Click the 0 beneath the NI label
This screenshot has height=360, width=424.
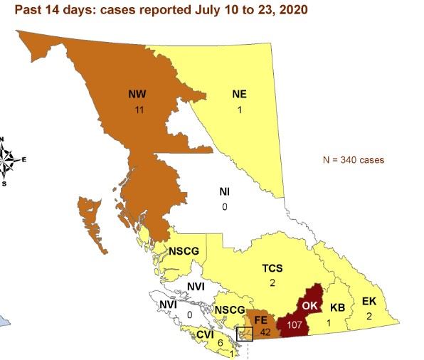(224, 207)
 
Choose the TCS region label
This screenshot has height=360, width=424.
(272, 268)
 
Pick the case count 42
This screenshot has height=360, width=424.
(264, 332)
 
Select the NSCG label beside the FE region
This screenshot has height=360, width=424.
(229, 310)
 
